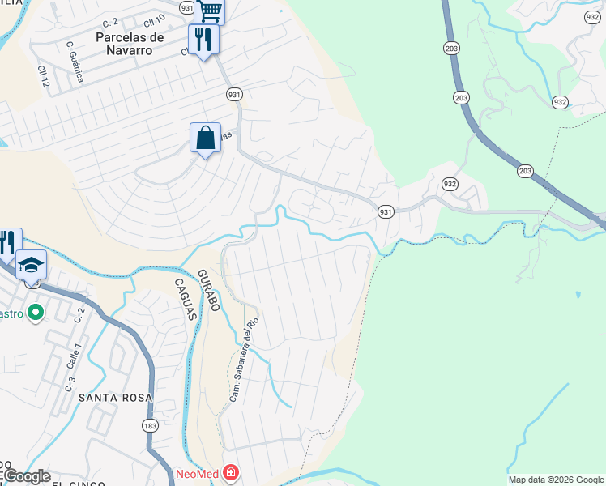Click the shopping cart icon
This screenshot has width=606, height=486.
point(209,11)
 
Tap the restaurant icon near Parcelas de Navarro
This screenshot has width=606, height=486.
point(203,39)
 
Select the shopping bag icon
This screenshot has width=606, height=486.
point(206,137)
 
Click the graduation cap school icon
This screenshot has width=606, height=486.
point(32,265)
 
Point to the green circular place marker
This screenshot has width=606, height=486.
point(35,312)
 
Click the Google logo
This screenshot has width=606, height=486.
point(26,476)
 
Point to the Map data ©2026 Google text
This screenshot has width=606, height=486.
point(556,480)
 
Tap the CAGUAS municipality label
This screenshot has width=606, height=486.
point(185,299)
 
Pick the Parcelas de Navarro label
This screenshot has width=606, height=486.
point(130,43)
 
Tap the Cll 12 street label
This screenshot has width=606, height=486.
point(42,77)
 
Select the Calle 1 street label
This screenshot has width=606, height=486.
point(71,355)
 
